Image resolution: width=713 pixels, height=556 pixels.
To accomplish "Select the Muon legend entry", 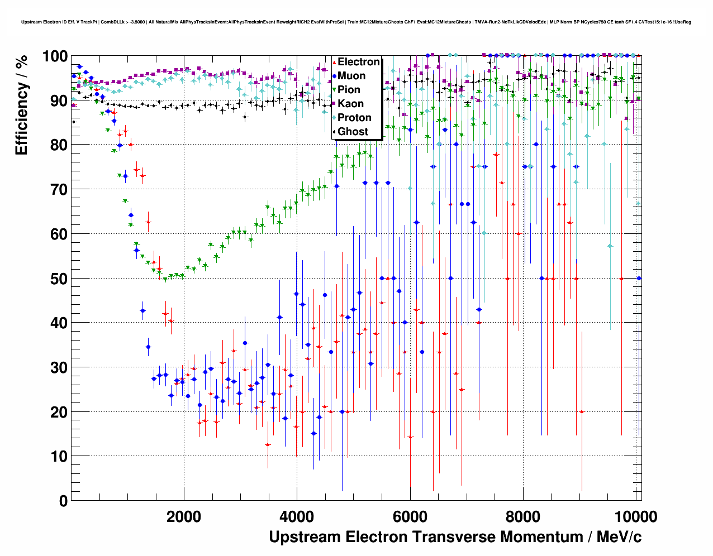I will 351,76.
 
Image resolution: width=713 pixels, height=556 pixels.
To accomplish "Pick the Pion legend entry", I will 349,90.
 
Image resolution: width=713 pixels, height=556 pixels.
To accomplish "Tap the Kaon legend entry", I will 350,104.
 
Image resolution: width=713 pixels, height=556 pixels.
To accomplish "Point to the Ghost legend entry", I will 353,132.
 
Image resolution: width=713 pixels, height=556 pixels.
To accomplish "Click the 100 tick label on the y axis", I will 55,56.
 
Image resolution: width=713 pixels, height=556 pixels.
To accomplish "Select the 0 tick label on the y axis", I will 64,501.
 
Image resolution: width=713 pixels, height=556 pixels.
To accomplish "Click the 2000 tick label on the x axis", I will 184,516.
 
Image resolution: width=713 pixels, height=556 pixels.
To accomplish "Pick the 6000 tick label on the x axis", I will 410,516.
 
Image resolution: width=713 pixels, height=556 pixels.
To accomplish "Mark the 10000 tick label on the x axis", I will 636,516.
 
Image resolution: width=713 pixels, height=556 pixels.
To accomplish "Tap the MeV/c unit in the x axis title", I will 619,537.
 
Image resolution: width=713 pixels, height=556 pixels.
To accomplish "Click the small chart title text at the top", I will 356,22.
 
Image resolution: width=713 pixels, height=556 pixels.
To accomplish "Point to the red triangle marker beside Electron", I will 334,62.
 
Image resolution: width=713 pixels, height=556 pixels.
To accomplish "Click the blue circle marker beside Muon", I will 334,76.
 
